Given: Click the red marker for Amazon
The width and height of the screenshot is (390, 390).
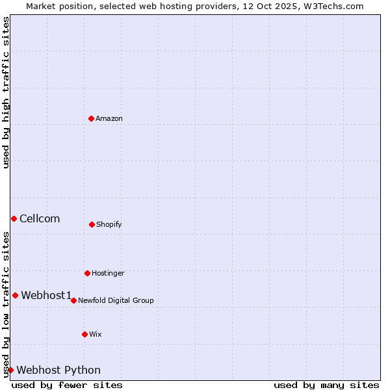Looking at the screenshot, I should pyautogui.click(x=91, y=118).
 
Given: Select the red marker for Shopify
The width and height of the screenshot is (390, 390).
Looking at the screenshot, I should pyautogui.click(x=92, y=224).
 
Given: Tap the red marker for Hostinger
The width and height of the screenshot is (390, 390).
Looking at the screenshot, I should pyautogui.click(x=87, y=273).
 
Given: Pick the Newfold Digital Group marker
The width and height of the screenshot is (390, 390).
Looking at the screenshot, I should pyautogui.click(x=73, y=300).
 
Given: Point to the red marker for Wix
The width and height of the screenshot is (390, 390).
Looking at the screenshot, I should pyautogui.click(x=84, y=334).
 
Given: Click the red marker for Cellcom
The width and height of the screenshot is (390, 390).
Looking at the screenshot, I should pyautogui.click(x=14, y=218).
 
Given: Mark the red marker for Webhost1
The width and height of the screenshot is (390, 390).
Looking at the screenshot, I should pyautogui.click(x=15, y=295).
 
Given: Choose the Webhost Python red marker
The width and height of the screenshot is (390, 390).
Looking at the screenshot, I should pyautogui.click(x=10, y=370).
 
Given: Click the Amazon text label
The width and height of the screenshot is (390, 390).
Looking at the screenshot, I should pyautogui.click(x=109, y=118).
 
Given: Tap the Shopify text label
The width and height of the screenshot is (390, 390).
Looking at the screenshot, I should pyautogui.click(x=109, y=224).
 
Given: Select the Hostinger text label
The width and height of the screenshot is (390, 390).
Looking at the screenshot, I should pyautogui.click(x=108, y=273).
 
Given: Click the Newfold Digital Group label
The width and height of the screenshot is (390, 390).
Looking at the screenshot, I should pyautogui.click(x=116, y=300).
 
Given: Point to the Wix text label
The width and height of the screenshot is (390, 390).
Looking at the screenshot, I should pyautogui.click(x=96, y=334).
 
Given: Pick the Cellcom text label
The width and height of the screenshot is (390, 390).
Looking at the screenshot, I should pyautogui.click(x=40, y=218).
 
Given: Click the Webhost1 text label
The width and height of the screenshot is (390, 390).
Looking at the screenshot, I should pyautogui.click(x=46, y=295).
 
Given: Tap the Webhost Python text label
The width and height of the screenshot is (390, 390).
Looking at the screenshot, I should pyautogui.click(x=58, y=370).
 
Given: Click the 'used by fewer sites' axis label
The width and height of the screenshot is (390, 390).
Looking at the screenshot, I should pyautogui.click(x=67, y=385).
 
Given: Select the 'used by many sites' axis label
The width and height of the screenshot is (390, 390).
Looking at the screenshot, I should pyautogui.click(x=326, y=385).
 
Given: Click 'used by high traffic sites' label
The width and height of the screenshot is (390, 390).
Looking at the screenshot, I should pyautogui.click(x=6, y=92).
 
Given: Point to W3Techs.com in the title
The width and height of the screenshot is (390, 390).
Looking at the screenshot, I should pyautogui.click(x=331, y=6).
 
